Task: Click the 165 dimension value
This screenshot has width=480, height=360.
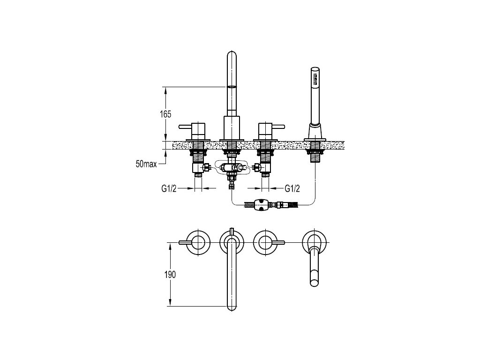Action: click(165, 114)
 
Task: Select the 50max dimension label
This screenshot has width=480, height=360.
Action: click(146, 164)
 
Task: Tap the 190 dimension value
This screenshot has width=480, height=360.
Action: click(170, 275)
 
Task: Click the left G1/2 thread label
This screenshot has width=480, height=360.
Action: click(169, 188)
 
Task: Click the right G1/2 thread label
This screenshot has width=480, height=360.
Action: click(292, 188)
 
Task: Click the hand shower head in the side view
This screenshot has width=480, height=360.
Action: click(315, 80)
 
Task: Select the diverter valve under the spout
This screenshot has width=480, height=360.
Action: click(232, 168)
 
